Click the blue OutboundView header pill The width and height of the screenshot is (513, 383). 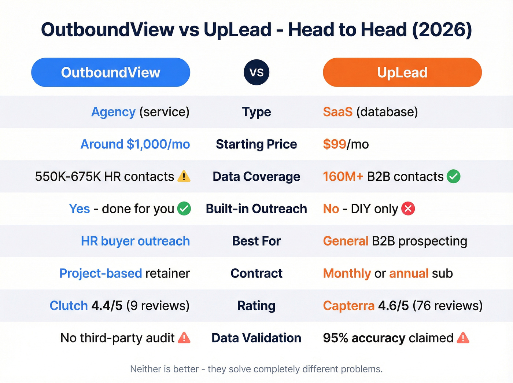pos(111,72)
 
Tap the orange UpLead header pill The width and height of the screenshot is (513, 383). pos(402,72)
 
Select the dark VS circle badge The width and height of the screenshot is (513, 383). pos(256,72)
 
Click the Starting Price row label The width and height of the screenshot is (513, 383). pos(256,144)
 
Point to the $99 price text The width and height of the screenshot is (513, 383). pos(334,144)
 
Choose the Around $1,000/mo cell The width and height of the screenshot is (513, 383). pos(135,144)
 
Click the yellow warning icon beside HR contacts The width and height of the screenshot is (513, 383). pos(184,176)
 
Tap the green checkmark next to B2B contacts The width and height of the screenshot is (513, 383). pos(454,176)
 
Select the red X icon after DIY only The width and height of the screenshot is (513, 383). pos(408,209)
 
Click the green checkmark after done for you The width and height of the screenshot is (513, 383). pos(184,209)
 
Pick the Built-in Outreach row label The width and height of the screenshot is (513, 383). pos(256,209)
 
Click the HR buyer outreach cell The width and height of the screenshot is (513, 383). pos(135,241)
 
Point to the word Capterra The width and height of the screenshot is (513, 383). pos(348,305)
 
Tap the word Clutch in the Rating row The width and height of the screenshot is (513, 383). pos(69,305)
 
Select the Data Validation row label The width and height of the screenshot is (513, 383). pos(256,338)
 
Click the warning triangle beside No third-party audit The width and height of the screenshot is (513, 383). pos(184,338)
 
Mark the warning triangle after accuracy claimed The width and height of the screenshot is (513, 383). pos(463,338)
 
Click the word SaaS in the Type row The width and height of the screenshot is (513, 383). pos(337,112)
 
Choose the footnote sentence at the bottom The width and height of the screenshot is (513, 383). pos(256,369)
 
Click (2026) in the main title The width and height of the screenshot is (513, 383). pos(442,30)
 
